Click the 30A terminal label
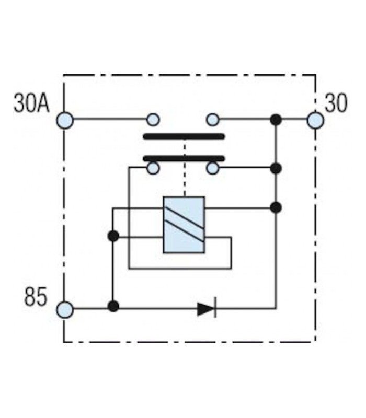pos(31,103)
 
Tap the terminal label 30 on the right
pos(336,103)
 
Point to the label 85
pos(36,296)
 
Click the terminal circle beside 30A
pos(65,120)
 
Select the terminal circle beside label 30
pos(315,120)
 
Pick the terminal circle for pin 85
pos(65,309)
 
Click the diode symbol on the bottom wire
pos(207,309)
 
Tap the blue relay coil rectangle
pos(184,225)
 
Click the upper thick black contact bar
pos(184,137)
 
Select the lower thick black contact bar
pos(184,159)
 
